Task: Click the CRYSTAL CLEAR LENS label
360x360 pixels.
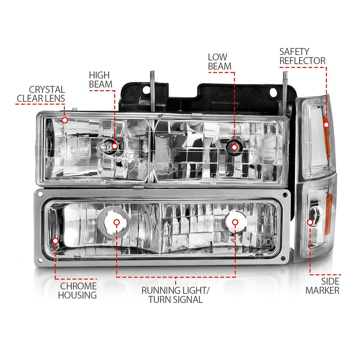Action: [x=41, y=94]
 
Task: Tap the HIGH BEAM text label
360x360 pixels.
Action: [x=100, y=80]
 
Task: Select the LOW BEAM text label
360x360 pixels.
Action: [x=219, y=62]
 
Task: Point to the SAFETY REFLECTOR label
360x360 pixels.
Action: [x=302, y=56]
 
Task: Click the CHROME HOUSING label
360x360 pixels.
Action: [x=78, y=290]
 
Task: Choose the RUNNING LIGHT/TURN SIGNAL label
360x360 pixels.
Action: [x=175, y=295]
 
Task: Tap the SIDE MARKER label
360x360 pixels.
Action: [x=322, y=286]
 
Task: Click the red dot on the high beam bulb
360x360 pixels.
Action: [x=115, y=146]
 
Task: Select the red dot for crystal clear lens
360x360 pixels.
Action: [x=65, y=120]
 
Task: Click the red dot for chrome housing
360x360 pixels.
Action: [x=55, y=241]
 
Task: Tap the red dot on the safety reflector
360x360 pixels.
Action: [x=326, y=124]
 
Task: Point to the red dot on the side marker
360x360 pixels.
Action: [x=310, y=222]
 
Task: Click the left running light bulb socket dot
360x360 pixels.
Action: [x=116, y=222]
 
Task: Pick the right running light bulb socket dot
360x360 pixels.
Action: [x=235, y=222]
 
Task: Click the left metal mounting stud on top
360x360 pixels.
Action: [x=152, y=90]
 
